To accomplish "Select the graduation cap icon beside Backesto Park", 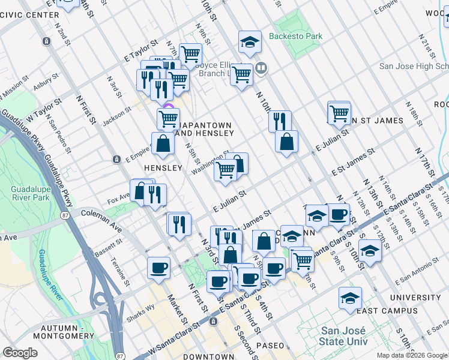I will (250, 42).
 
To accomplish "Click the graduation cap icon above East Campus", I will (350, 297).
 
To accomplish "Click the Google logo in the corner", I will (20, 353).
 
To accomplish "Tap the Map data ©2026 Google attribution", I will (412, 355).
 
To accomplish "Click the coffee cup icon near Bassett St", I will (158, 268).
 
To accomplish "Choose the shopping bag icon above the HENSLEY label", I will (163, 143).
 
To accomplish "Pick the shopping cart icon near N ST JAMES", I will (339, 112).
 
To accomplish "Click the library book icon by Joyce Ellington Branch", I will (261, 68).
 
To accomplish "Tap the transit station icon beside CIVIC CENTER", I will (46, 41).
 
